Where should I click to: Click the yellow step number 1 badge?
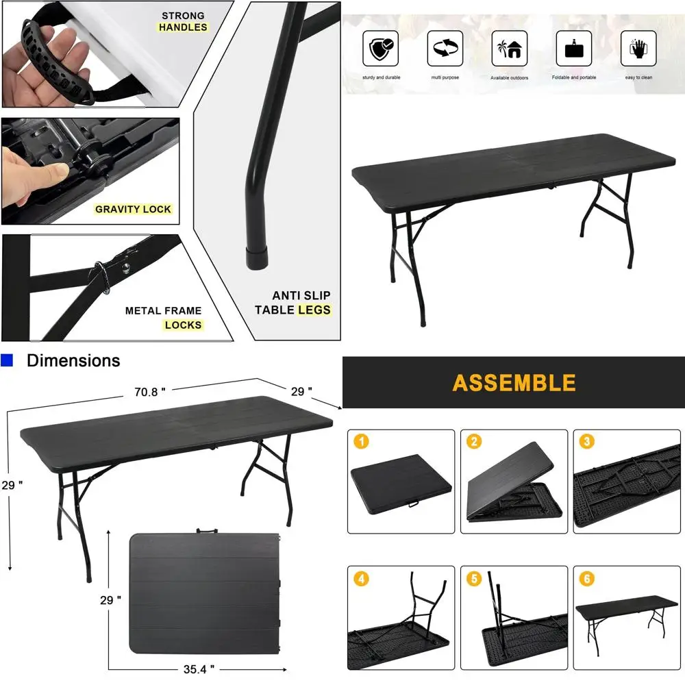362,442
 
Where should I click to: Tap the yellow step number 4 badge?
362,579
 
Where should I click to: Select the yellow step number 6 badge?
586,579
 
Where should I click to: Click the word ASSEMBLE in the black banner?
514,382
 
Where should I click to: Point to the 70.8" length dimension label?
150,392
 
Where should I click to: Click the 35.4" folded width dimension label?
198,668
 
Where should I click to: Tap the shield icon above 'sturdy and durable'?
381,49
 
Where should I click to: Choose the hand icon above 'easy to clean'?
638,49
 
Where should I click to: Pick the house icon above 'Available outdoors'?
510,49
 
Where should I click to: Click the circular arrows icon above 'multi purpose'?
445,49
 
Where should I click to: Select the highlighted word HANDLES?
182,27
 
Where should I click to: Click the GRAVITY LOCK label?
133,209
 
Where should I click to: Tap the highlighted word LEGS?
314,310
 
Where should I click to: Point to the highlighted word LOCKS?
183,325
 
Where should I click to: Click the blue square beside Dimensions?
7,360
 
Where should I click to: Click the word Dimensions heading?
73,360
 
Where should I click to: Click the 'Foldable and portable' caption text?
574,77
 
